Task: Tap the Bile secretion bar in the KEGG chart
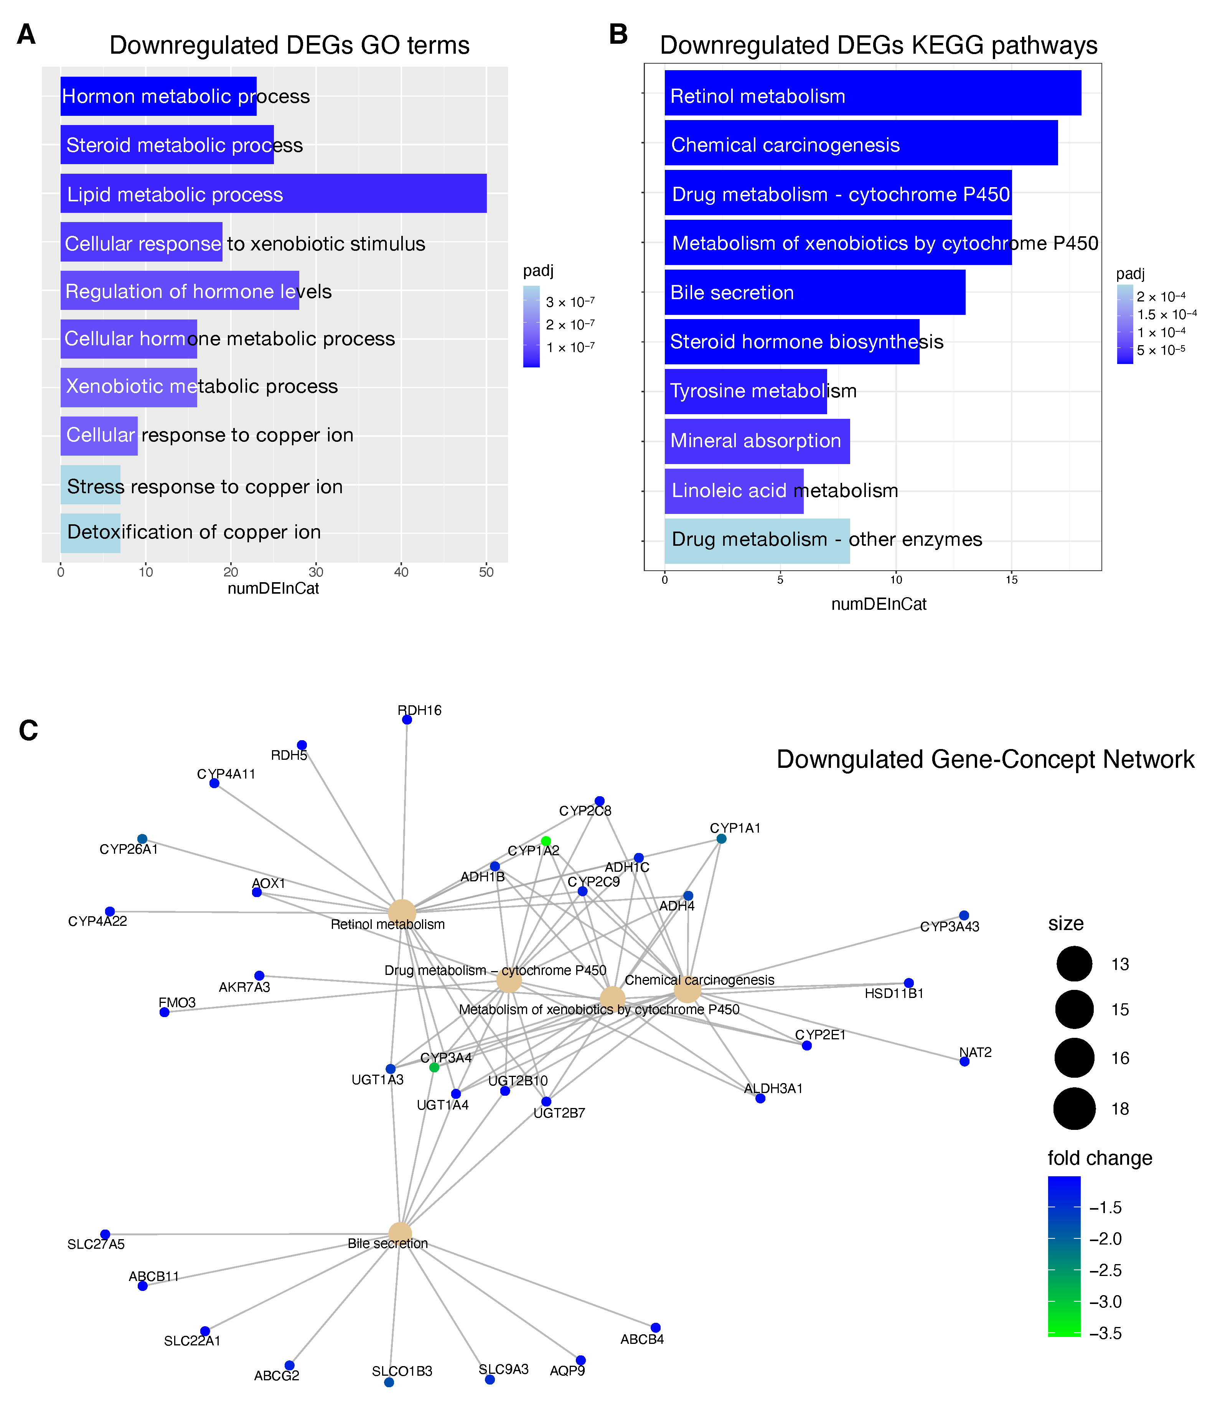814,293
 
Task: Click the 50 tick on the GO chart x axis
486,572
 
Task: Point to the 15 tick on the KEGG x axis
1011,580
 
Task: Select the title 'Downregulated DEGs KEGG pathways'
878,46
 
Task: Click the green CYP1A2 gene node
546,841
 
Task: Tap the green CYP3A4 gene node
434,1067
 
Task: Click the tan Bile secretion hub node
401,1234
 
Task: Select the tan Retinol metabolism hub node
402,913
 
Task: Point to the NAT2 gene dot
964,1061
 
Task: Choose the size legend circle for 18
1074,1109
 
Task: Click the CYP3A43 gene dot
964,915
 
